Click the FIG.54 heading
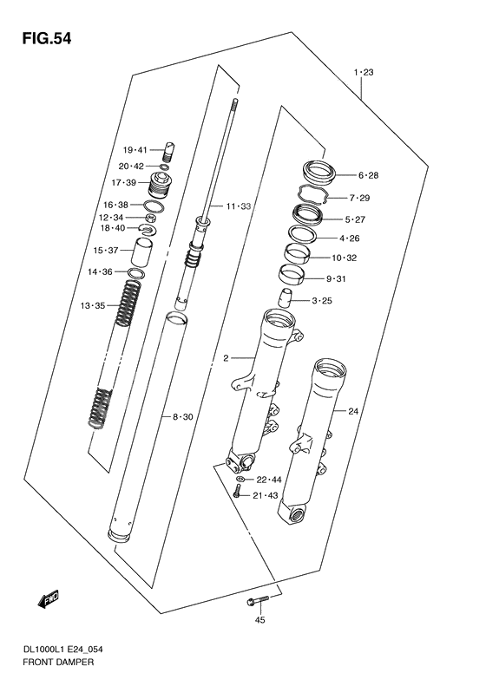point(46,39)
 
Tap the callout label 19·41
point(135,150)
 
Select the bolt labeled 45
point(257,599)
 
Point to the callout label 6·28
point(368,175)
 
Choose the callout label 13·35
point(92,305)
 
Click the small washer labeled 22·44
point(239,479)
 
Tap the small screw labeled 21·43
point(236,493)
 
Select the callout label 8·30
point(182,417)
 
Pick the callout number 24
point(353,411)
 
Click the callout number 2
point(226,358)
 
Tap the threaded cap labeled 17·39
point(161,185)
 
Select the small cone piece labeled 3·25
point(285,297)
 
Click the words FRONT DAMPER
point(58,662)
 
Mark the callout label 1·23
point(364,72)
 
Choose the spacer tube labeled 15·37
point(142,252)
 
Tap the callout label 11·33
point(238,206)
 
